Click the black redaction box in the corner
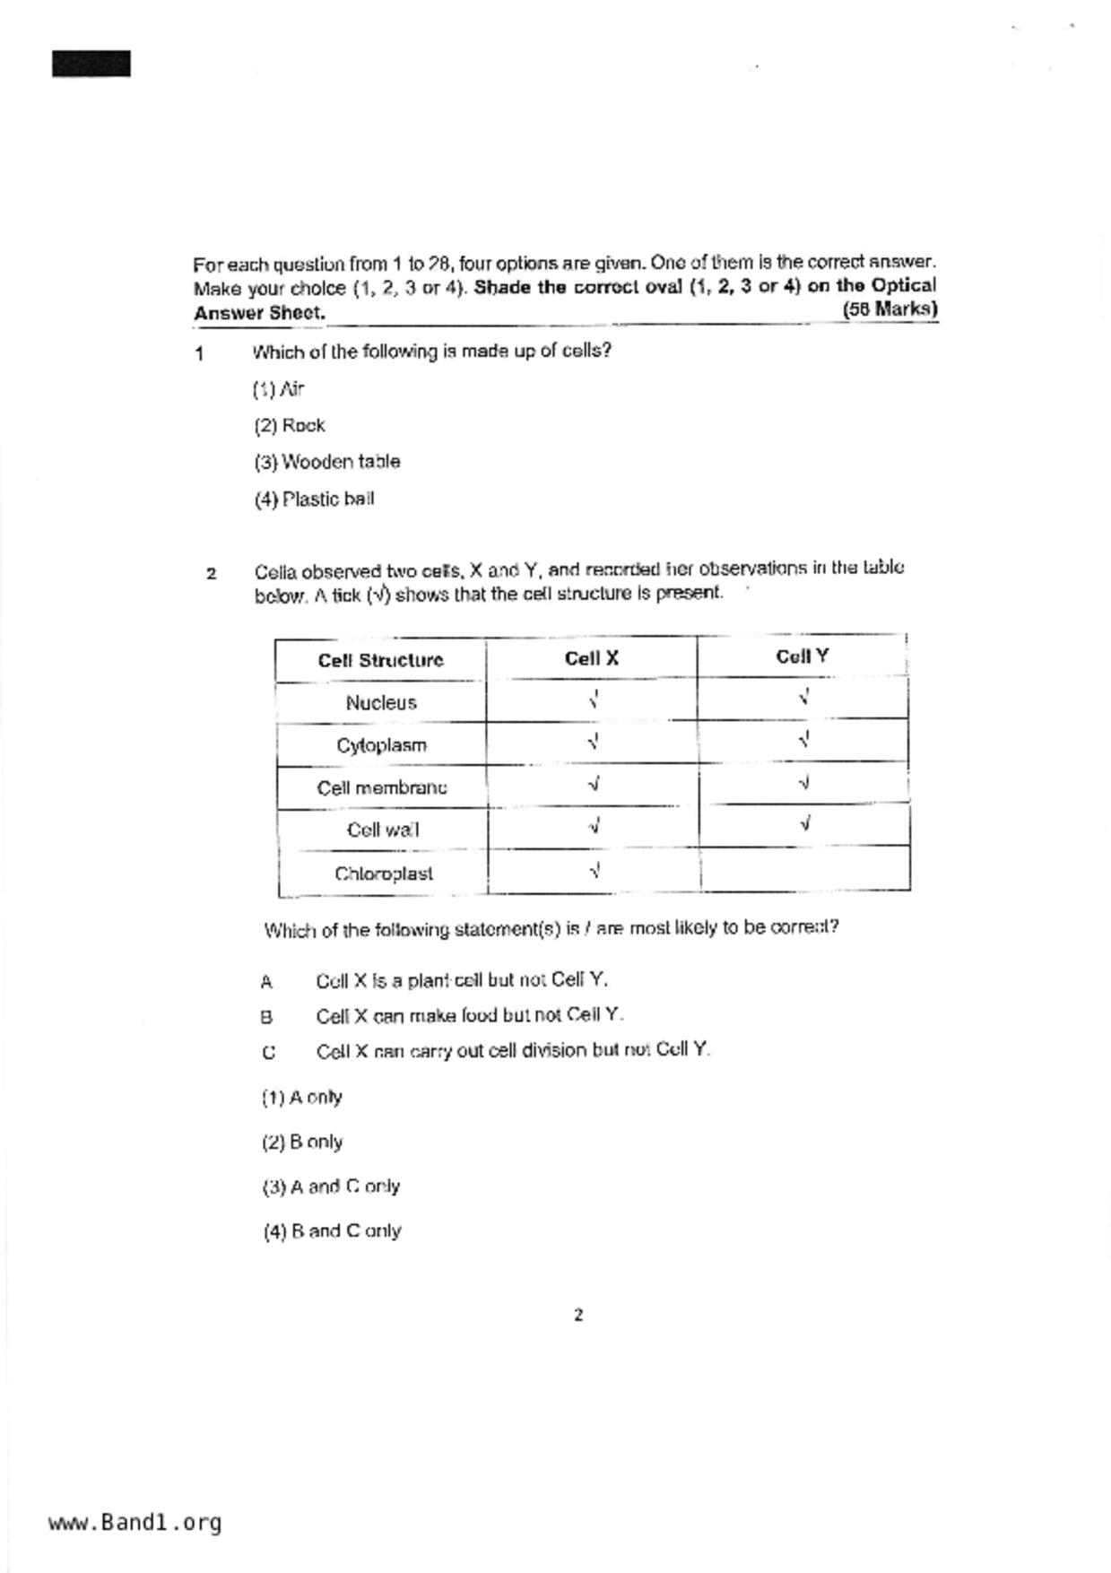(91, 64)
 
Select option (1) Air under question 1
(279, 389)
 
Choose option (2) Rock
(290, 426)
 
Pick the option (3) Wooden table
(327, 462)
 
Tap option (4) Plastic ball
(314, 500)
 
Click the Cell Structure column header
(380, 661)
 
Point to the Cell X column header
(592, 658)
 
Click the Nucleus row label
(381, 703)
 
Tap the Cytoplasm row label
(381, 745)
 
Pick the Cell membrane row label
(381, 787)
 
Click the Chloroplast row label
(384, 873)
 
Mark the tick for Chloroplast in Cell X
(595, 870)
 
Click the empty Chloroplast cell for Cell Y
(805, 868)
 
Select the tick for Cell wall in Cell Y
(805, 822)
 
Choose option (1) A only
(302, 1098)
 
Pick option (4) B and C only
(332, 1231)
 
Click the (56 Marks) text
(890, 309)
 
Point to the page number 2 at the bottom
(578, 1316)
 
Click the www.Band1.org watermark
(135, 1523)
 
